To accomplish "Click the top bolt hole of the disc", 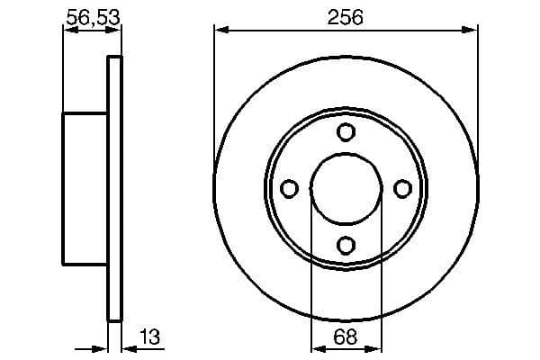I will tap(346, 132).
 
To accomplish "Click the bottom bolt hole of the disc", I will tap(346, 243).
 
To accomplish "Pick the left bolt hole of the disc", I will tap(290, 188).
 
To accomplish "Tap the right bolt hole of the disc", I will tap(402, 188).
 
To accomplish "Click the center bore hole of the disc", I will tap(346, 188).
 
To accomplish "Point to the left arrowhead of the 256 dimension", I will tap(220, 31).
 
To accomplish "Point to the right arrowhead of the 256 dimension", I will tap(472, 31).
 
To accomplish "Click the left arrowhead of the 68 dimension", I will tap(316, 348).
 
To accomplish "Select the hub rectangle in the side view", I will tap(85, 188).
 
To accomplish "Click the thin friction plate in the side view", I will tap(114, 188).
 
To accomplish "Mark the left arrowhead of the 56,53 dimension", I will tap(67, 31).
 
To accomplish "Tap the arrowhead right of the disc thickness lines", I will tap(127, 348).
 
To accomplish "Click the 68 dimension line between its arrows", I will tap(346, 348).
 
